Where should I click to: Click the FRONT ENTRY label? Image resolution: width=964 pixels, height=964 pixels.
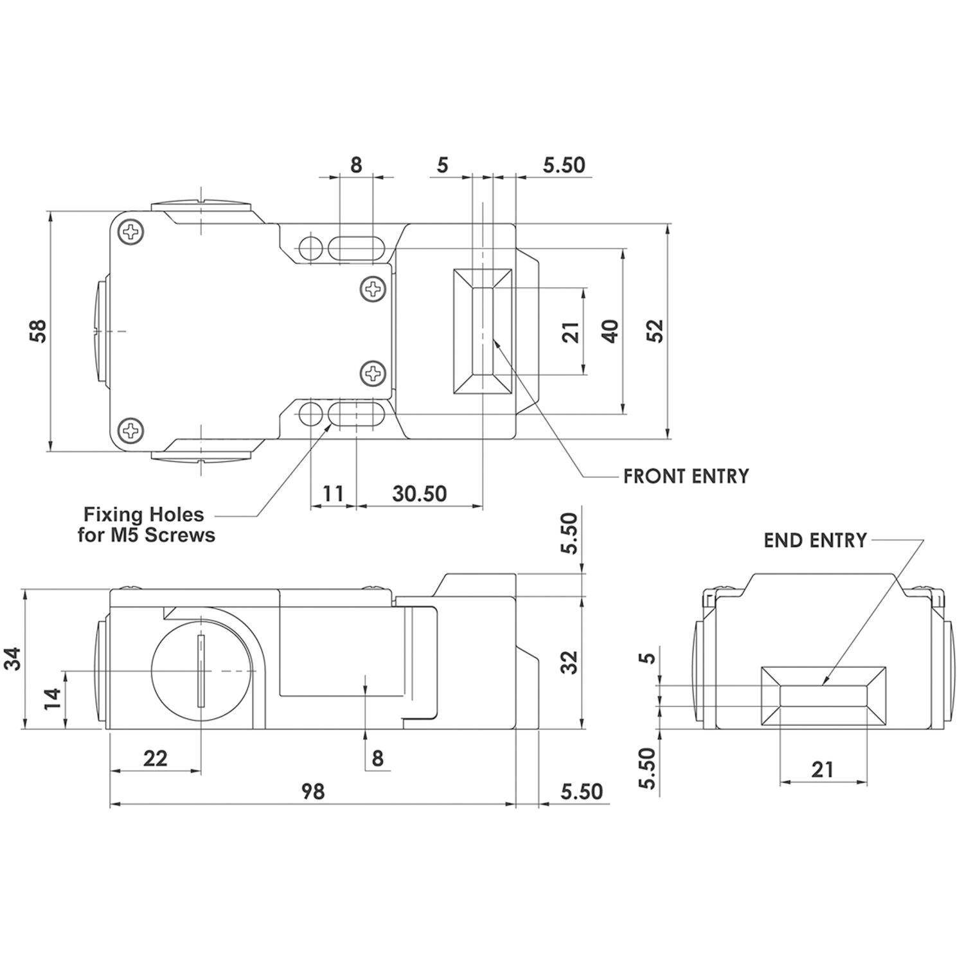(686, 476)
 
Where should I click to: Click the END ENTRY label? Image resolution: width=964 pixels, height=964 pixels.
(815, 540)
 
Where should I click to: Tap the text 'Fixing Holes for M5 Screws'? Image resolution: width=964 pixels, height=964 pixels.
(146, 524)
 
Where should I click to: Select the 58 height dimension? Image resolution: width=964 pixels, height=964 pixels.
(39, 331)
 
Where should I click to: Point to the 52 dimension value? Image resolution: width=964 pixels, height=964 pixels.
(655, 330)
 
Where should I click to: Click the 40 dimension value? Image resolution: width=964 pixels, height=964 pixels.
(611, 331)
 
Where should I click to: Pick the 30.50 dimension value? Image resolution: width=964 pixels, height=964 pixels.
(419, 494)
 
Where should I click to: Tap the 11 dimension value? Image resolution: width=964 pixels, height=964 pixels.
(332, 494)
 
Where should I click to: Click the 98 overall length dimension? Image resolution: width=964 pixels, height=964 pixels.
(313, 791)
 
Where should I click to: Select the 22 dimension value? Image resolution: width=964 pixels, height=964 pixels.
(155, 758)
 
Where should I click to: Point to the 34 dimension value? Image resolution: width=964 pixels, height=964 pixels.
(13, 659)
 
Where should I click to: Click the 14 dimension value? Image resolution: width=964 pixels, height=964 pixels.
(53, 698)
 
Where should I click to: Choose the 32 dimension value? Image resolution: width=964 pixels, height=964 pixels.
(569, 663)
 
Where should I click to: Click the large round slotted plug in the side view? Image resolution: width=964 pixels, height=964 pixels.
(202, 672)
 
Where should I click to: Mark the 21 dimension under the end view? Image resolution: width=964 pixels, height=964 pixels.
(822, 769)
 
